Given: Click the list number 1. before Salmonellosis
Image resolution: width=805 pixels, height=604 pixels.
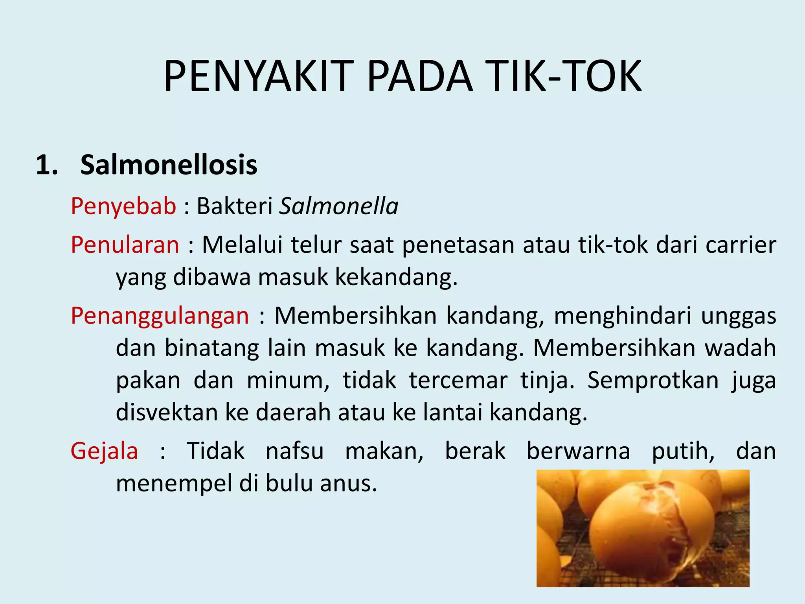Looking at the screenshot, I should pyautogui.click(x=47, y=165).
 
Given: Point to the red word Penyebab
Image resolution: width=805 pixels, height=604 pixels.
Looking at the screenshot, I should pyautogui.click(x=123, y=206).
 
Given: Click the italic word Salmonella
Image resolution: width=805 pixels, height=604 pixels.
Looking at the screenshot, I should pyautogui.click(x=338, y=206).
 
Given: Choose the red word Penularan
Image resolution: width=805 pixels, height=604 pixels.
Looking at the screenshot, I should pyautogui.click(x=125, y=245).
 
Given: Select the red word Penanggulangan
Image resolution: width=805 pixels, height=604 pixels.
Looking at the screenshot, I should pyautogui.click(x=160, y=315).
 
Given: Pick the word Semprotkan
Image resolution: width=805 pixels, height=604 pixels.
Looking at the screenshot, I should pyautogui.click(x=653, y=380).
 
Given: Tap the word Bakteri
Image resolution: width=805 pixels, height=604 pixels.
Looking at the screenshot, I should pyautogui.click(x=235, y=206).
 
